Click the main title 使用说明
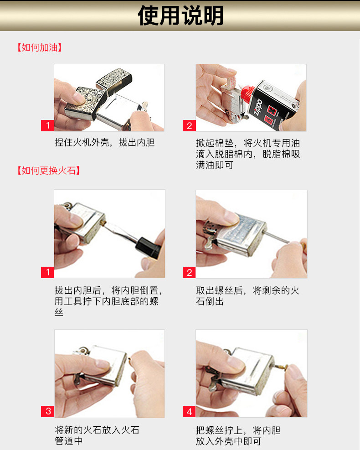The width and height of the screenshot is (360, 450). [x=181, y=15]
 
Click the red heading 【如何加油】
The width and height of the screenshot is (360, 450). [x=40, y=47]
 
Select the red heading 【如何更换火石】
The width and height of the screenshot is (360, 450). [x=48, y=171]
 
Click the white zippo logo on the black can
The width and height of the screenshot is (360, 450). [x=258, y=107]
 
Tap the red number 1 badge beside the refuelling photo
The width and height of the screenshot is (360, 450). [x=47, y=125]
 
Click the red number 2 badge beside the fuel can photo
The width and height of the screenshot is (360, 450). [x=189, y=126]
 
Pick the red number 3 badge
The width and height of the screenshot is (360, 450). [x=47, y=411]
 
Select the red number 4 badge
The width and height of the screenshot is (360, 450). [x=189, y=412]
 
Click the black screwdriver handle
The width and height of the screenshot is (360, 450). [x=148, y=248]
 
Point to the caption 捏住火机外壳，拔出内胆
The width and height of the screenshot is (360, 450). [x=105, y=142]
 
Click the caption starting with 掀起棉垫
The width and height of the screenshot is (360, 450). [x=248, y=154]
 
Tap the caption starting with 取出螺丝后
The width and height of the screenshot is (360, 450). [x=247, y=296]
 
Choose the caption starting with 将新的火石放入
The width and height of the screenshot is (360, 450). [x=97, y=435]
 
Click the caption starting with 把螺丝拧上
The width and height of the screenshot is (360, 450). [x=238, y=436]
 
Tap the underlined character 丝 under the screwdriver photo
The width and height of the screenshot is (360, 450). [x=59, y=312]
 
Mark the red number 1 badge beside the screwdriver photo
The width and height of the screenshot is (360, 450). [x=47, y=272]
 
